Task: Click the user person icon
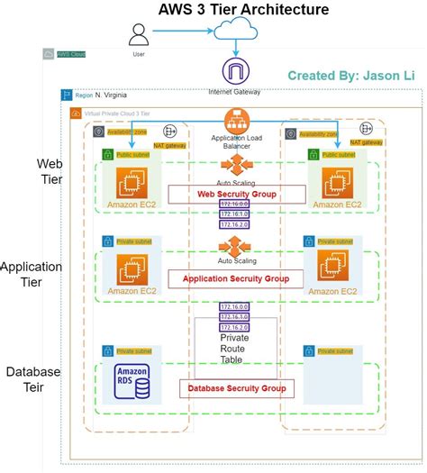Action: click(x=139, y=34)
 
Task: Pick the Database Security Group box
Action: click(x=237, y=388)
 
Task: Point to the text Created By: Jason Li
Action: click(x=350, y=76)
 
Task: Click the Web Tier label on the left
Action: click(x=50, y=171)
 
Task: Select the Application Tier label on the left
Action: click(x=32, y=275)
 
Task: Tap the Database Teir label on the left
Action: click(x=33, y=379)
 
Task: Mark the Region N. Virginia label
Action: click(x=100, y=95)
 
